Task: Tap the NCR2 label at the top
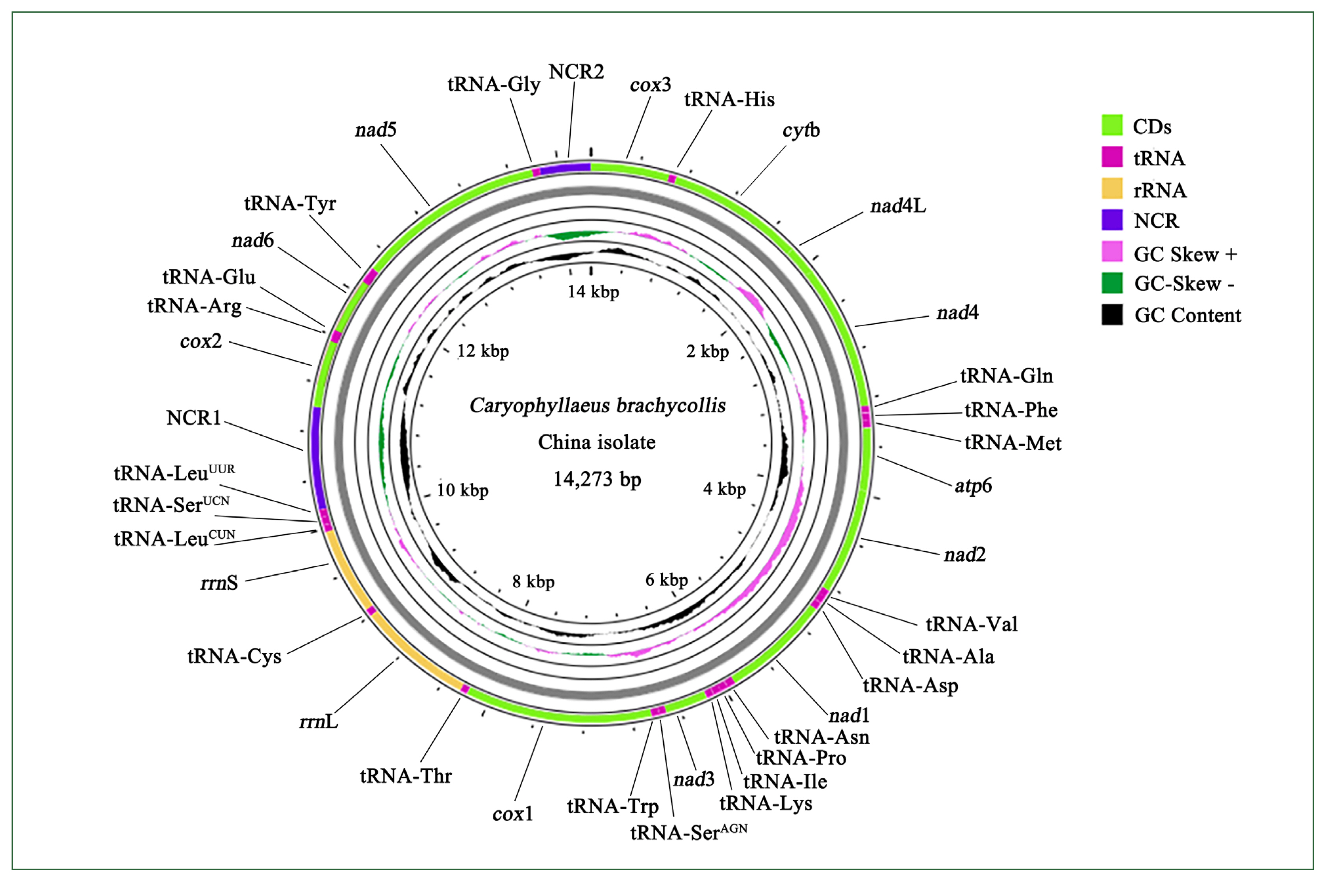[576, 72]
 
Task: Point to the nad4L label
[898, 206]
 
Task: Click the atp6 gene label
[973, 485]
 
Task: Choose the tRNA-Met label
[1012, 443]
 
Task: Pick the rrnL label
[318, 721]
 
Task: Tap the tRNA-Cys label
[234, 656]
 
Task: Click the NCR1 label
[193, 418]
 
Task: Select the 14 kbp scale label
[593, 292]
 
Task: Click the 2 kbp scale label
[707, 351]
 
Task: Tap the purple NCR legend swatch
[1112, 220]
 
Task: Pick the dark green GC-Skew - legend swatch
[1112, 283]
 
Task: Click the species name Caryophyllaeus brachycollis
[597, 406]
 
